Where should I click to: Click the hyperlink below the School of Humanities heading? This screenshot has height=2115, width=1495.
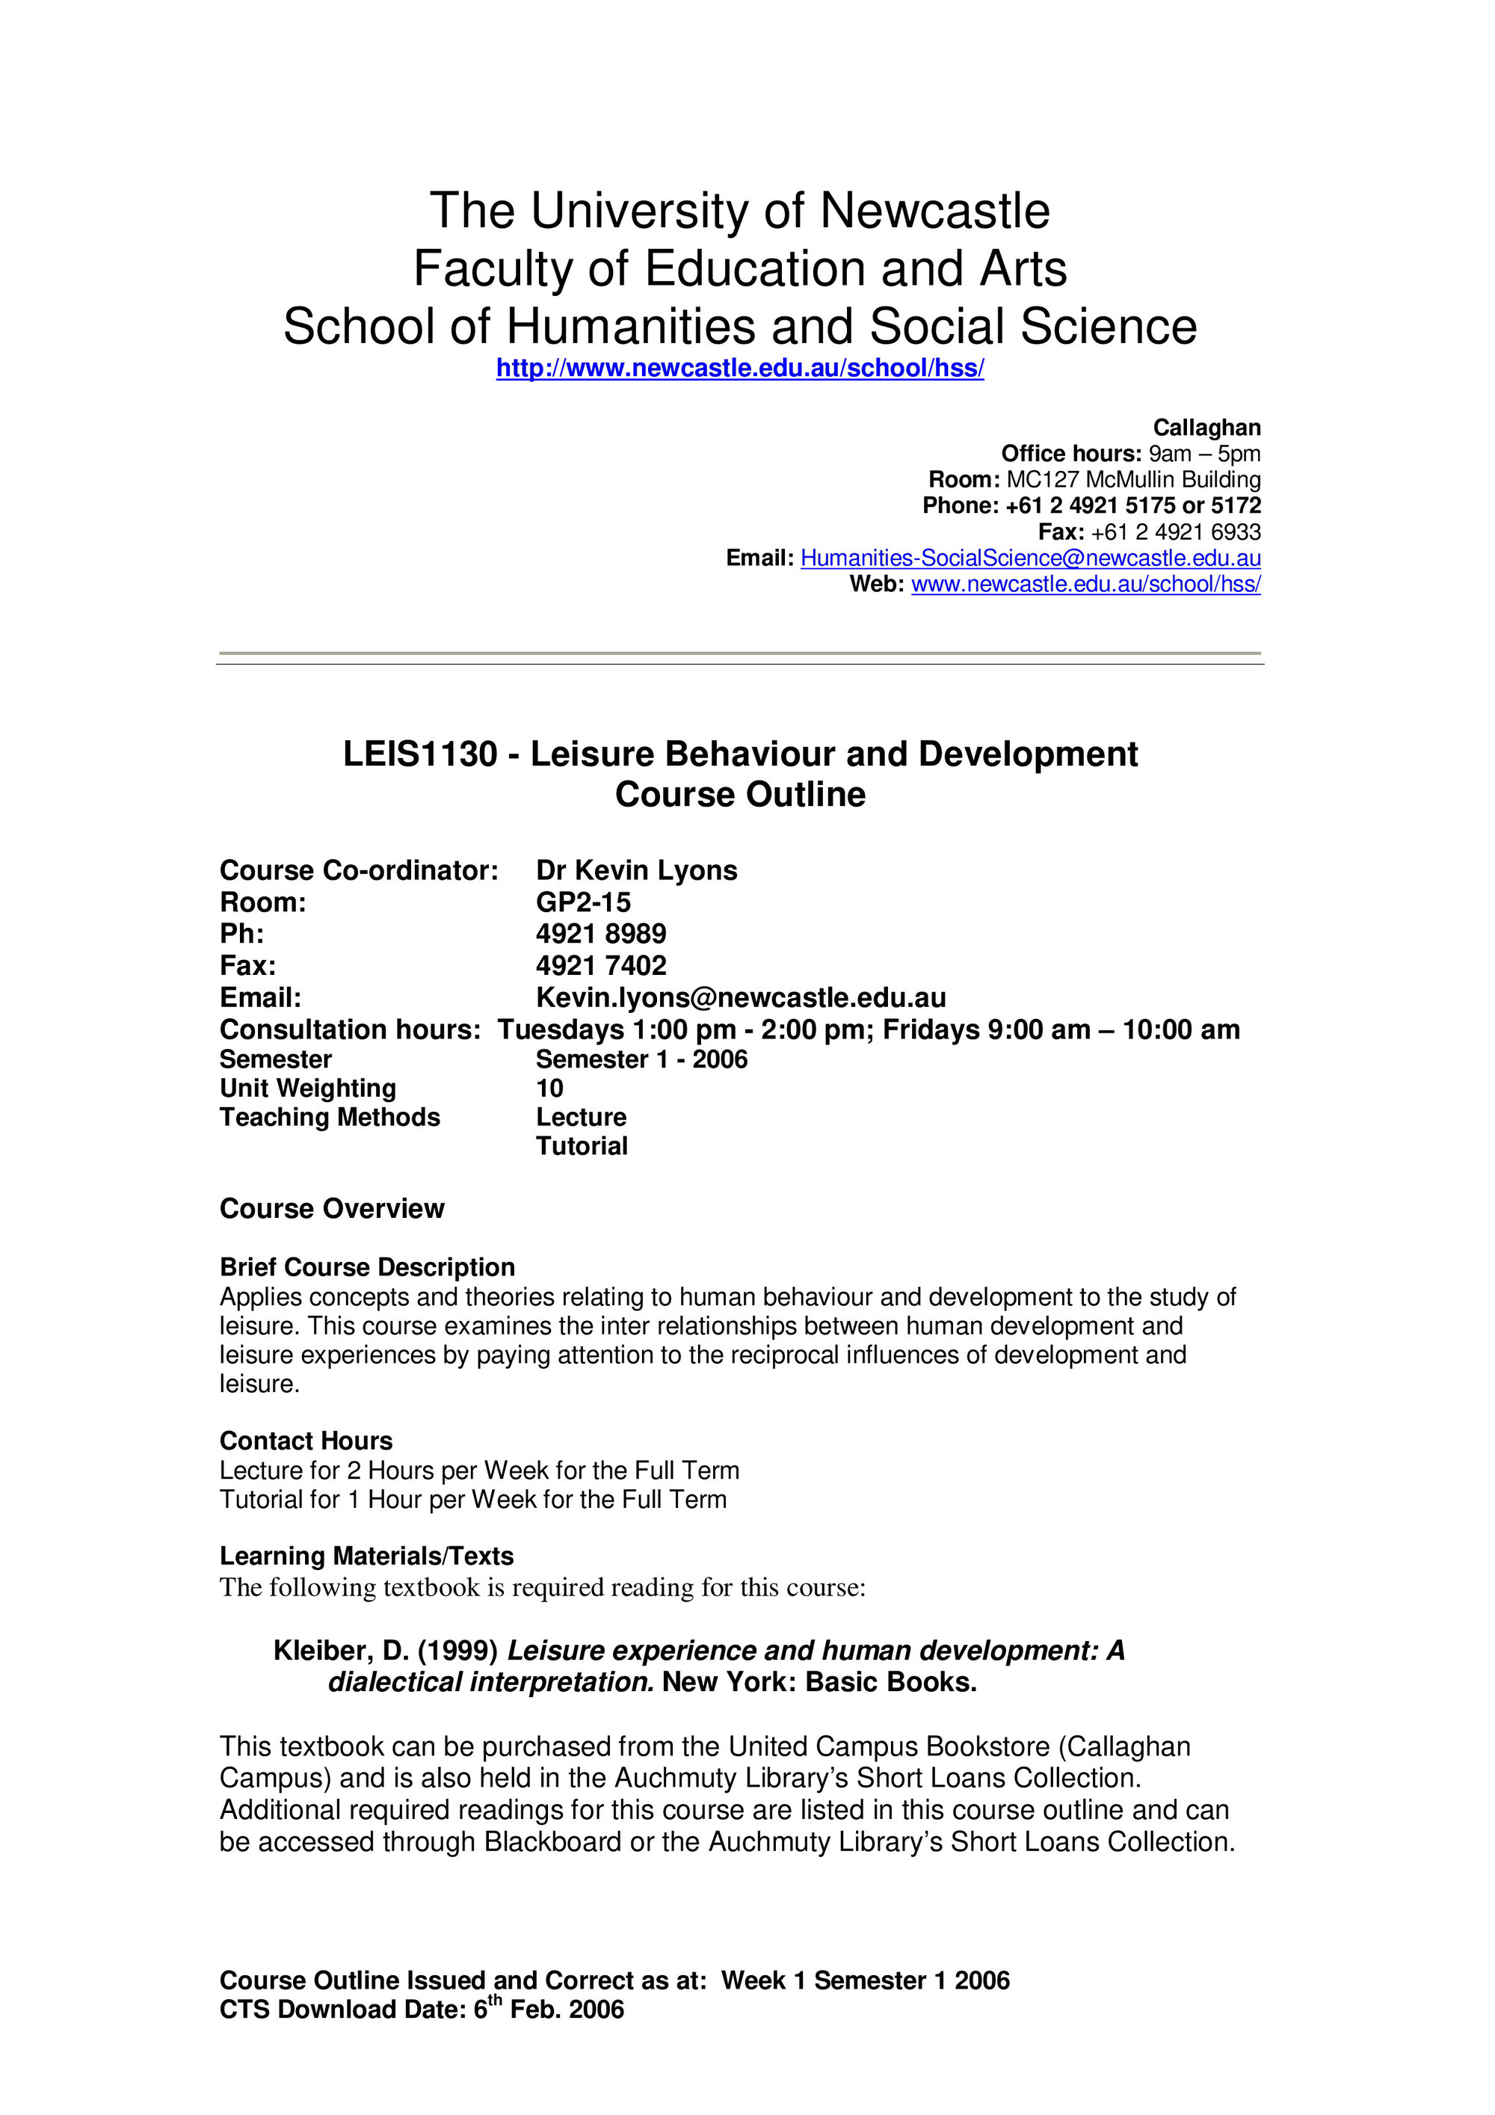pos(740,369)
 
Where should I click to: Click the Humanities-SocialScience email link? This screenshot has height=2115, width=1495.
pos(1030,558)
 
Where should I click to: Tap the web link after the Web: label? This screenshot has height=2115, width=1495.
pos(1085,584)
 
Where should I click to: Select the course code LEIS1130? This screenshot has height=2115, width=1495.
pos(419,754)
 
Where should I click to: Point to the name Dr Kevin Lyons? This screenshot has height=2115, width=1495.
pos(637,870)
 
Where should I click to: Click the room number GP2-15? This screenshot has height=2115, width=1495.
pos(583,903)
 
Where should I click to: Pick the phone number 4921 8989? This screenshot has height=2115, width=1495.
pos(600,934)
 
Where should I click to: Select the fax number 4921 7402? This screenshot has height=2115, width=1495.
pos(600,965)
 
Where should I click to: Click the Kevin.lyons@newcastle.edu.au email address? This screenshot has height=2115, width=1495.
pos(741,997)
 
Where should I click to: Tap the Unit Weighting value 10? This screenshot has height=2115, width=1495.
pos(549,1088)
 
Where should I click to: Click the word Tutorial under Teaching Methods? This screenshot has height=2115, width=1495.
pos(582,1146)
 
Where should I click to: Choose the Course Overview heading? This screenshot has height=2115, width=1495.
pos(332,1209)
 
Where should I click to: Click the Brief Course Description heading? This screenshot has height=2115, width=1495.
pos(366,1267)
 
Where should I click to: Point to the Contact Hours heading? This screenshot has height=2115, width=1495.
pos(306,1441)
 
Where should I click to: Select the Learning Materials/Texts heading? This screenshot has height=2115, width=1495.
pos(366,1556)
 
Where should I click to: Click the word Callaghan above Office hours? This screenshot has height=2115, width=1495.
pos(1206,428)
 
